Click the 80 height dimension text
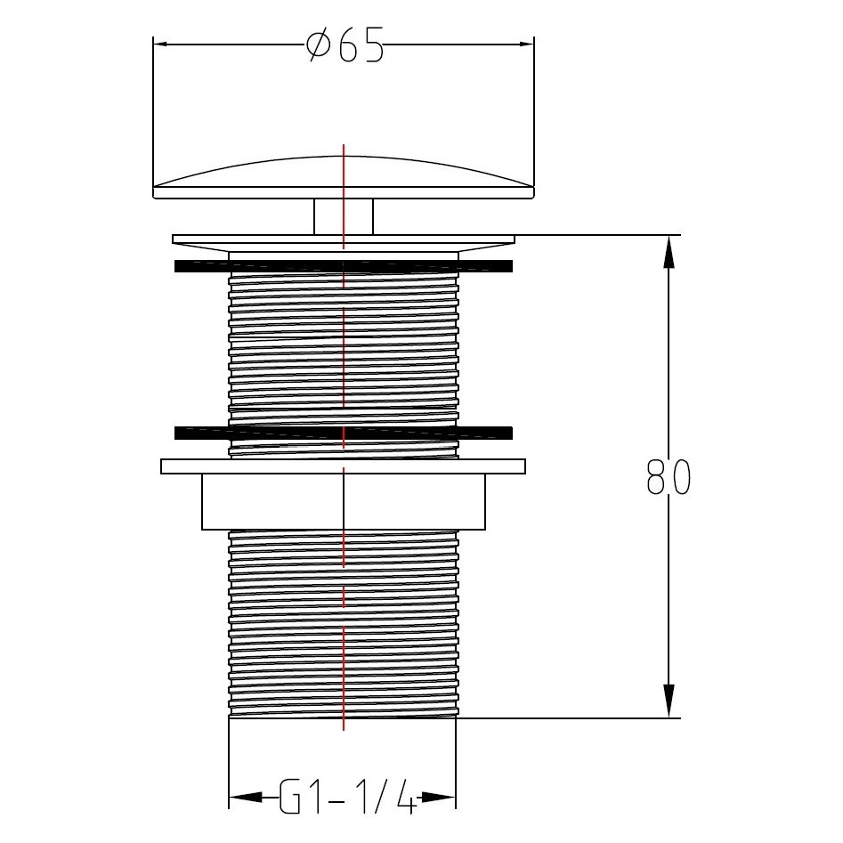click(x=667, y=479)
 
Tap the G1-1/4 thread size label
click(x=348, y=796)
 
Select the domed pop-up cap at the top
click(x=344, y=177)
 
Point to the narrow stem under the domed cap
click(x=344, y=216)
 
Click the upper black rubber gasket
click(x=344, y=266)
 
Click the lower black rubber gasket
click(x=344, y=433)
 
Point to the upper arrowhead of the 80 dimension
click(x=669, y=254)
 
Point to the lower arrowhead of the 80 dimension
click(x=669, y=701)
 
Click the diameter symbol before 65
click(x=320, y=45)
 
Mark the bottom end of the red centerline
click(x=344, y=729)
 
